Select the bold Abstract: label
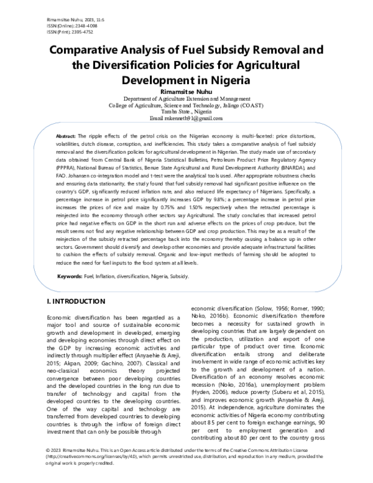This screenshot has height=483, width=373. click(66, 136)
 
